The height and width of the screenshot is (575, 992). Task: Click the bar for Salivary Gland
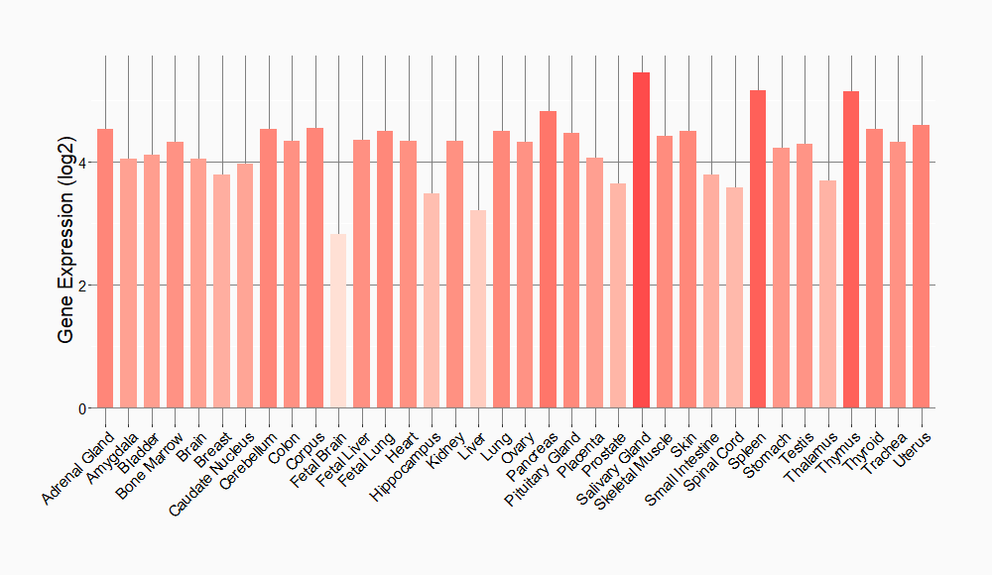click(x=641, y=240)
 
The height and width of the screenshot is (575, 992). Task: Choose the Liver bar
click(x=478, y=308)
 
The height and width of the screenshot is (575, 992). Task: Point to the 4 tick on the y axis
click(x=83, y=162)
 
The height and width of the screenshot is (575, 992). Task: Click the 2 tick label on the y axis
click(x=83, y=286)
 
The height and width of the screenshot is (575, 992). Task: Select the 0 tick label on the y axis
click(x=83, y=408)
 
